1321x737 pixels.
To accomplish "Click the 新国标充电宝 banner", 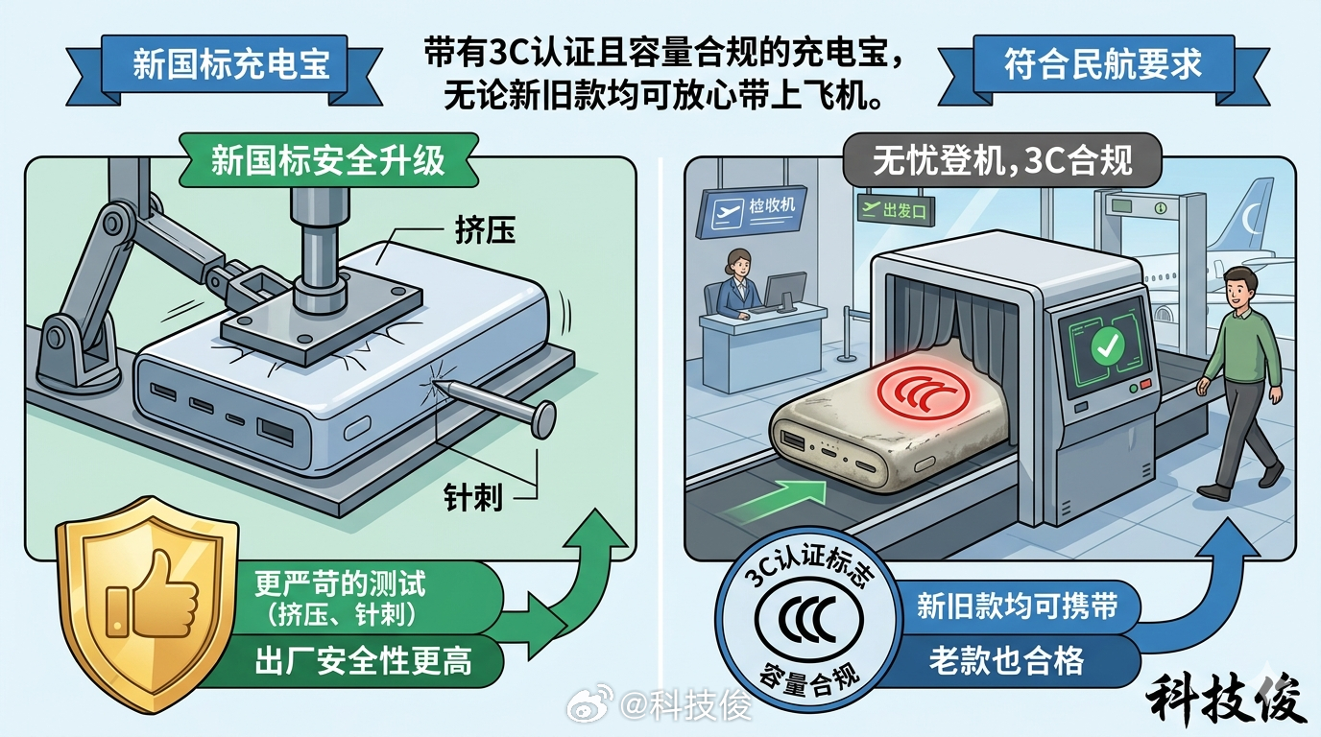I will (x=230, y=65).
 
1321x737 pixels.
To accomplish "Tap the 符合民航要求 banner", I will (x=1102, y=65).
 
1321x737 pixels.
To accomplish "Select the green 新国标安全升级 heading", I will (x=328, y=159).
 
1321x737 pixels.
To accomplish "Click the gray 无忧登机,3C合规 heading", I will (x=1001, y=161).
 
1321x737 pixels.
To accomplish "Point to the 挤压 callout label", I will (x=484, y=231).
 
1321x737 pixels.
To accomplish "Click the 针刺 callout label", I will (x=472, y=496).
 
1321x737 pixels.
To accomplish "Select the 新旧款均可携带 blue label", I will (x=1016, y=606).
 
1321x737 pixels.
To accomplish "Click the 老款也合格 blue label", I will (x=1005, y=660).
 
